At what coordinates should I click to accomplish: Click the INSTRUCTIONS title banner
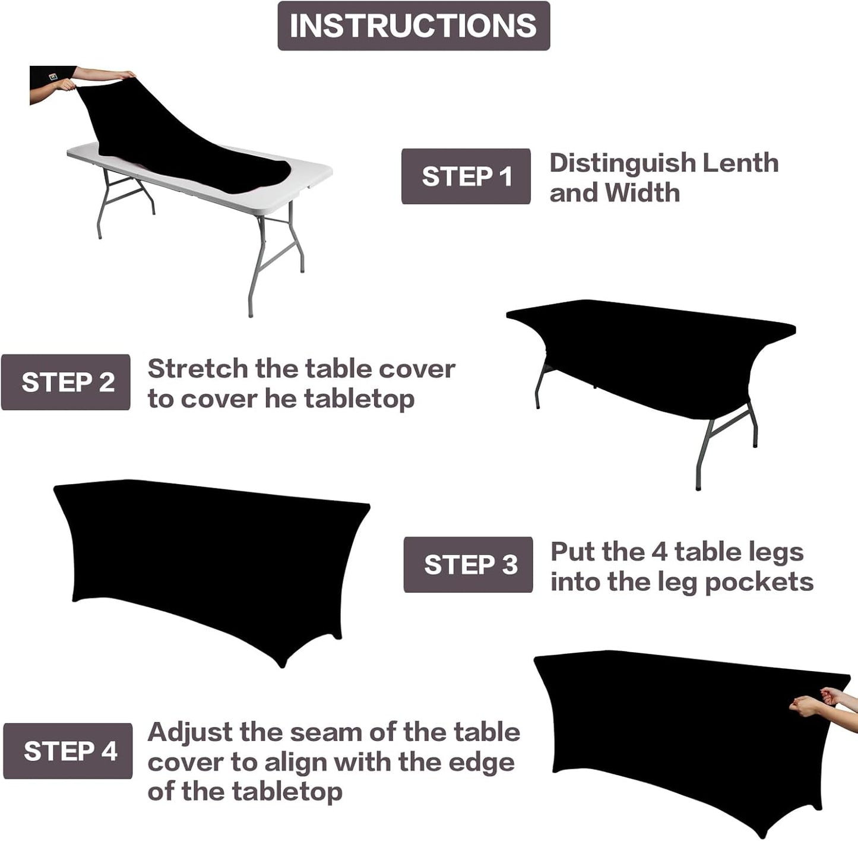tap(413, 26)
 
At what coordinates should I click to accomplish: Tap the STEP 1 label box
tap(466, 176)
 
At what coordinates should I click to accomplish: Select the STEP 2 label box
tap(66, 382)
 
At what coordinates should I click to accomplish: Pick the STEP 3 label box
tap(468, 564)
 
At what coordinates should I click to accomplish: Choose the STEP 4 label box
tap(68, 751)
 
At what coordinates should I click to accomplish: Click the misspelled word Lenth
tap(740, 163)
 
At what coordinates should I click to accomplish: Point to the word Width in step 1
tap(642, 192)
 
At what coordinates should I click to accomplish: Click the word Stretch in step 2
tap(197, 369)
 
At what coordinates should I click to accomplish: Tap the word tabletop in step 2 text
tap(359, 399)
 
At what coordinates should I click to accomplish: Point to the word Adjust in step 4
tap(189, 733)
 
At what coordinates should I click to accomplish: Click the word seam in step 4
tap(326, 732)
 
